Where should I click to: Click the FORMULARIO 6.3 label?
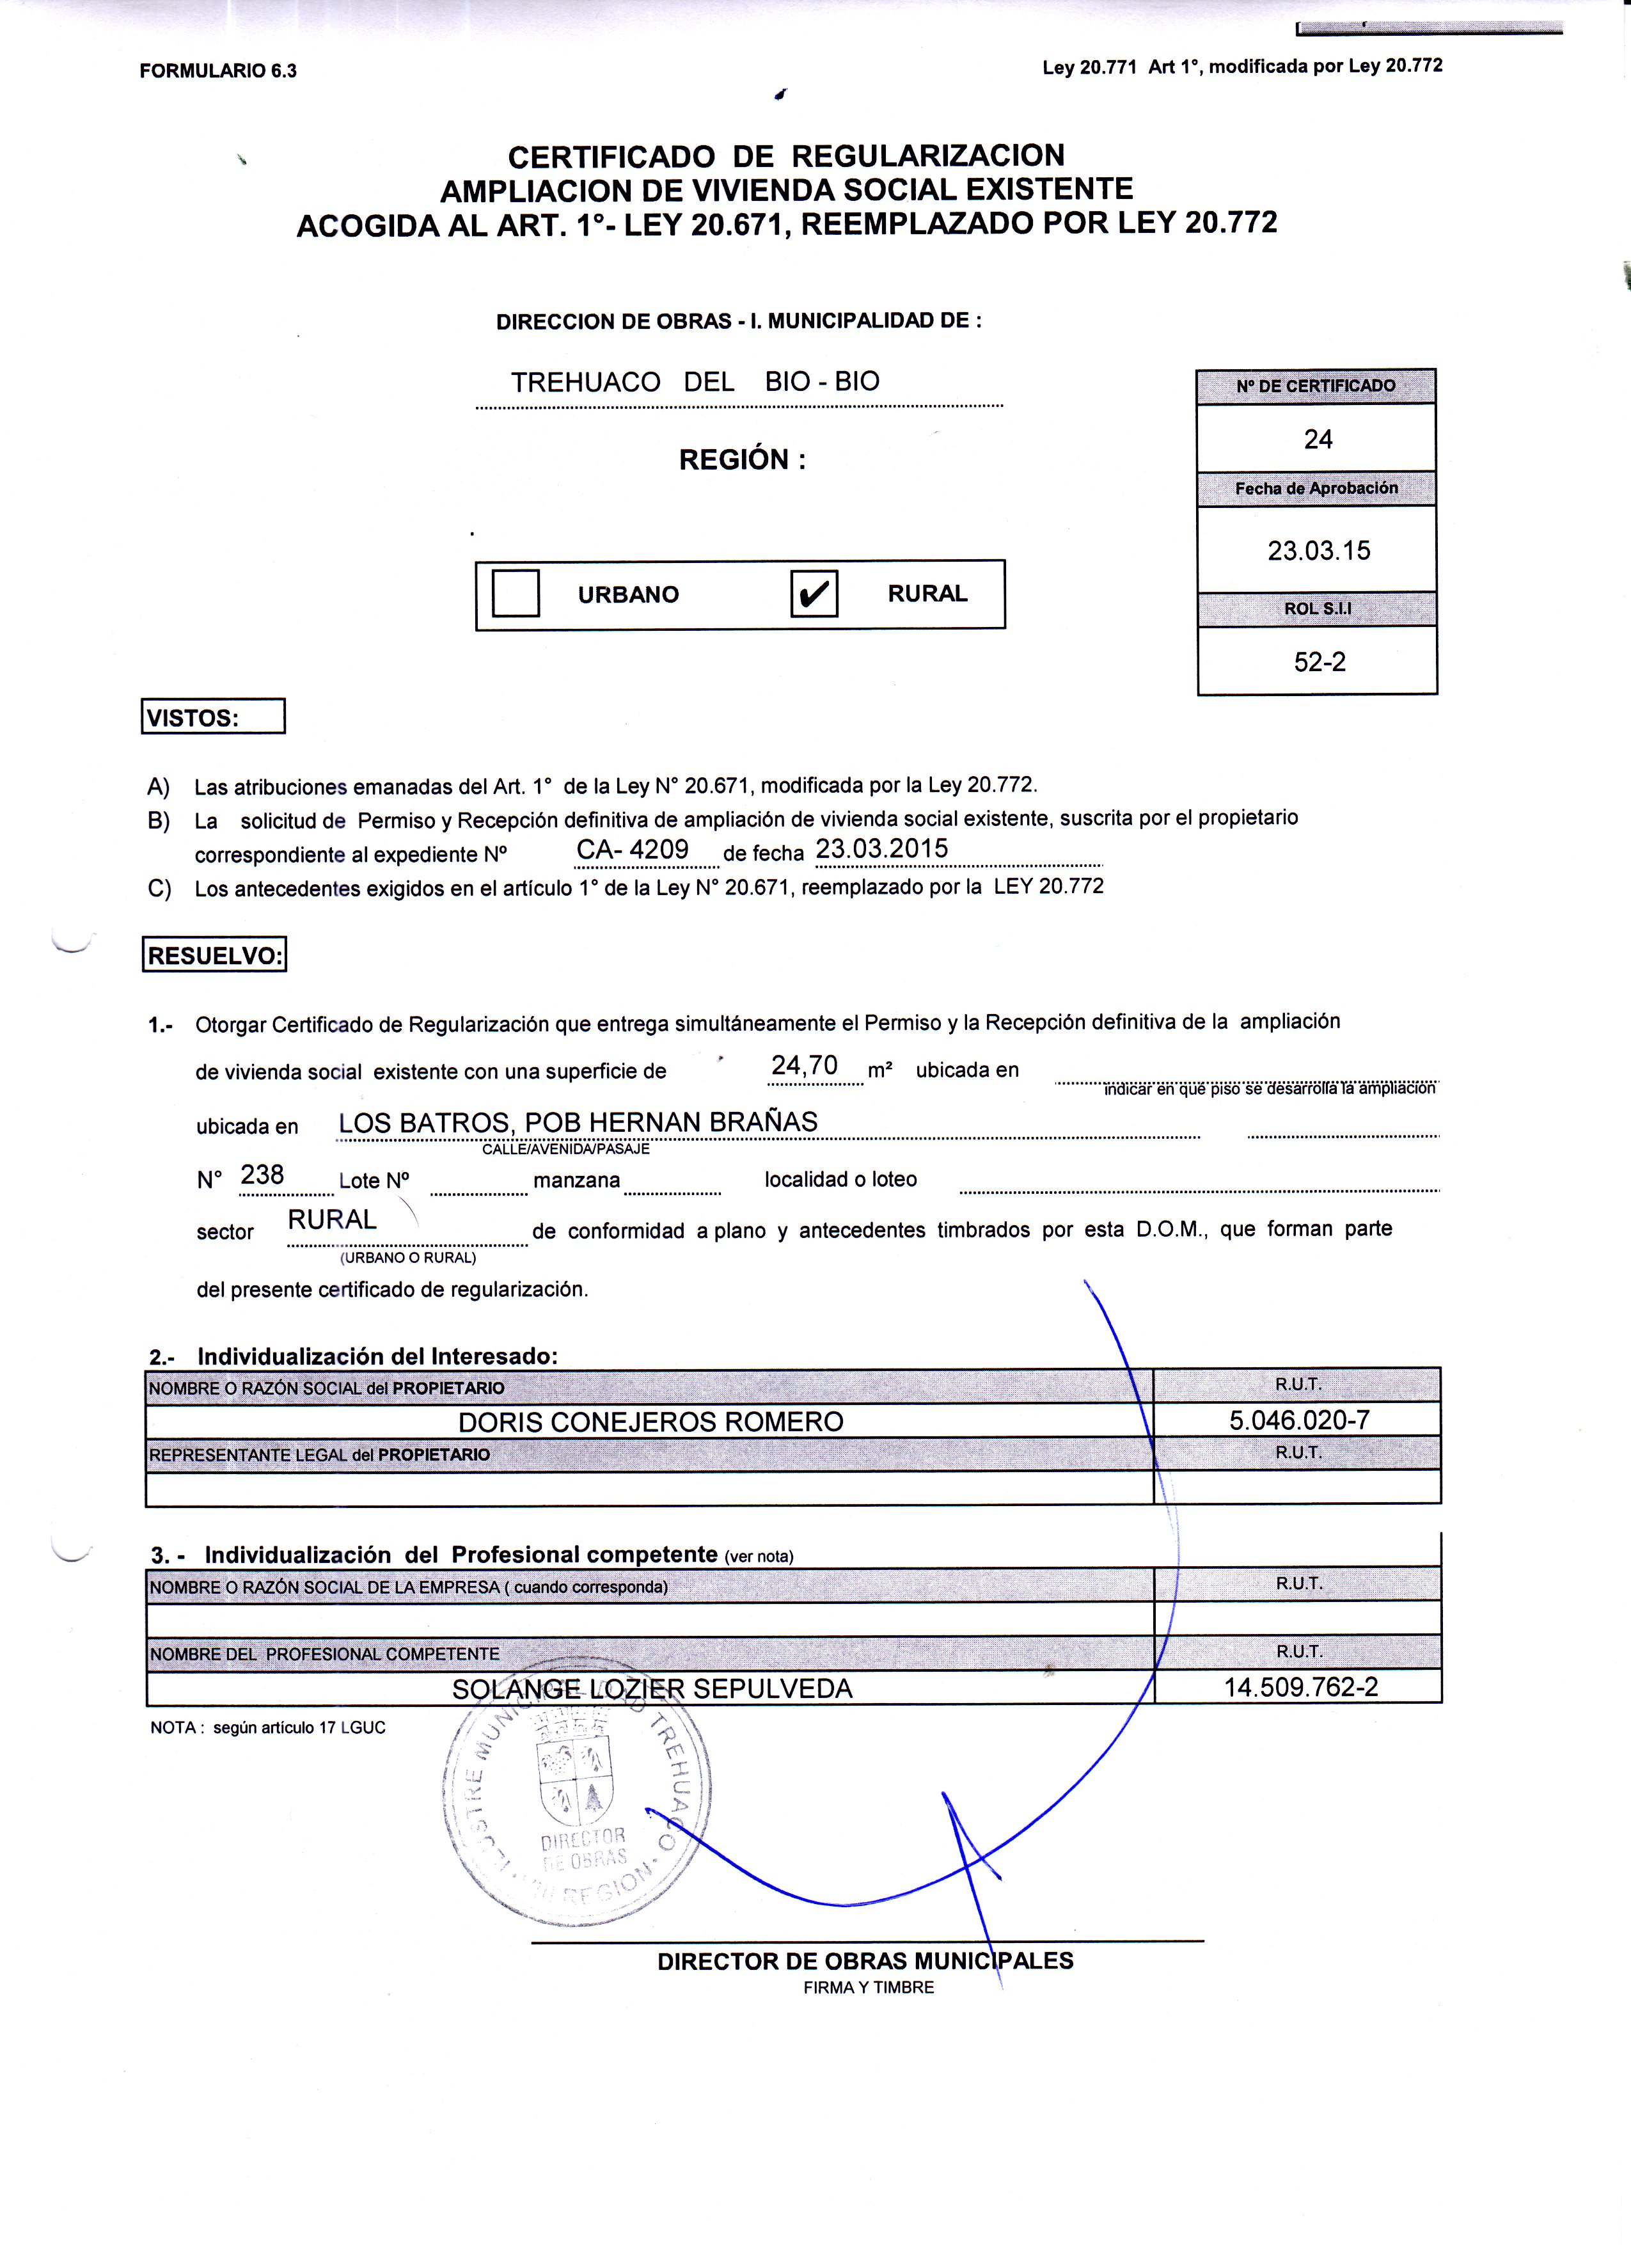217,71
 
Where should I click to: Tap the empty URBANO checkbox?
516,593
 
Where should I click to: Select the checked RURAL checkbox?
814,594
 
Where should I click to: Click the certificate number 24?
1317,440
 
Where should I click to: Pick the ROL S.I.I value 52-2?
1320,662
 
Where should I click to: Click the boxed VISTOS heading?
214,717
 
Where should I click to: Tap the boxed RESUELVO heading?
215,955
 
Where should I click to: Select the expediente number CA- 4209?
633,849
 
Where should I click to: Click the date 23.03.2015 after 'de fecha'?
881,848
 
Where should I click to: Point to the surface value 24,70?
803,1065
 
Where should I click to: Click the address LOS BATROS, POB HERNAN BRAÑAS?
578,1122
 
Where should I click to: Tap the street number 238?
262,1175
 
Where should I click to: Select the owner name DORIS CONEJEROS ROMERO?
650,1422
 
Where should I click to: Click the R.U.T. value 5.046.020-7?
1298,1420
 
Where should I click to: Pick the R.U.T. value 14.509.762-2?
1300,1686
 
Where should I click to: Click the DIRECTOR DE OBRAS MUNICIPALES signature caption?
865,1961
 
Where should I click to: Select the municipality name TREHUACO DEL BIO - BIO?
695,382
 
